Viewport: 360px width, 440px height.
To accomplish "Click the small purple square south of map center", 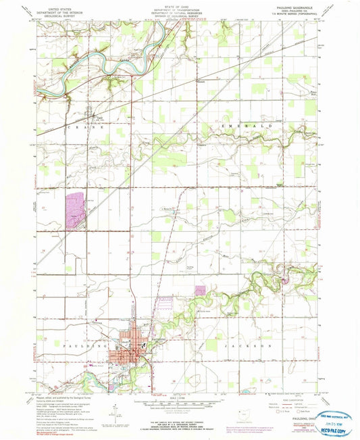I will click(x=200, y=290).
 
